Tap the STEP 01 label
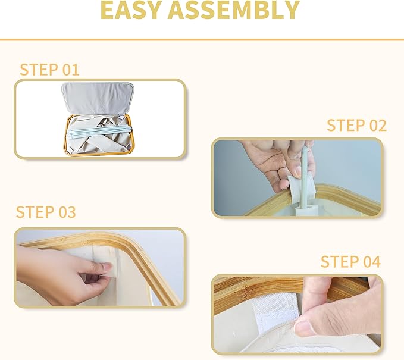49,70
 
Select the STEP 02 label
357,126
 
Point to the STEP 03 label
46,212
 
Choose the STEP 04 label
350,262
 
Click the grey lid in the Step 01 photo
98,98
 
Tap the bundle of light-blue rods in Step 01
99,132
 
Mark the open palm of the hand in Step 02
265,160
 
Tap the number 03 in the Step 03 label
67,212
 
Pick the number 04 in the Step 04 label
372,262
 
